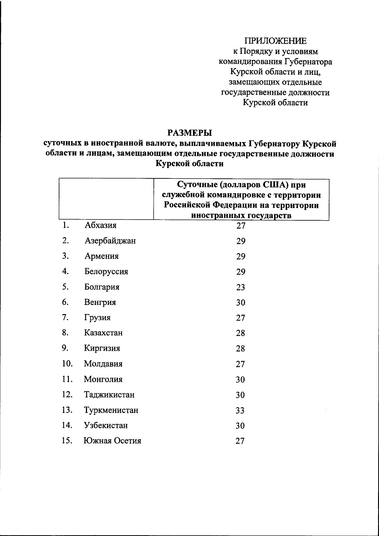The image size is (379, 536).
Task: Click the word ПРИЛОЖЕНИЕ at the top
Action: coord(275,41)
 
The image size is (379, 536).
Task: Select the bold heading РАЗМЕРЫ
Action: coord(189,133)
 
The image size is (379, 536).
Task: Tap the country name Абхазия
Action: coord(100,225)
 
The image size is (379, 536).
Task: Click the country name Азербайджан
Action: coord(110,241)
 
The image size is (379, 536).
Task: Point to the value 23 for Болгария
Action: coord(241,288)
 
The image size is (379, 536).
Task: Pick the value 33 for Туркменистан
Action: coord(240,411)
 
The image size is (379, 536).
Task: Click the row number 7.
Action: coord(65,318)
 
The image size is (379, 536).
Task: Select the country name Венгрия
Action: coord(100,302)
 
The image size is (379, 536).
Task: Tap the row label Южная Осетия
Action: coord(112,441)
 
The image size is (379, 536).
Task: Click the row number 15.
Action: coord(67,441)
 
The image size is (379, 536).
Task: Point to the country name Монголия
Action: coord(103,379)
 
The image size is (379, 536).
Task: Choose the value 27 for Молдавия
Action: coord(240,364)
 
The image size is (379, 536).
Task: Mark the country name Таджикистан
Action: coord(109,395)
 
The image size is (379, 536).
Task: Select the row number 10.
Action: coord(67,364)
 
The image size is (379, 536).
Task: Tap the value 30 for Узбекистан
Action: coord(240,426)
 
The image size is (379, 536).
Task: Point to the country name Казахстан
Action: coord(103,333)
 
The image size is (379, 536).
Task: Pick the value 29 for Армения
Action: coord(241,257)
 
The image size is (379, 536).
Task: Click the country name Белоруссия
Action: coord(106,272)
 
